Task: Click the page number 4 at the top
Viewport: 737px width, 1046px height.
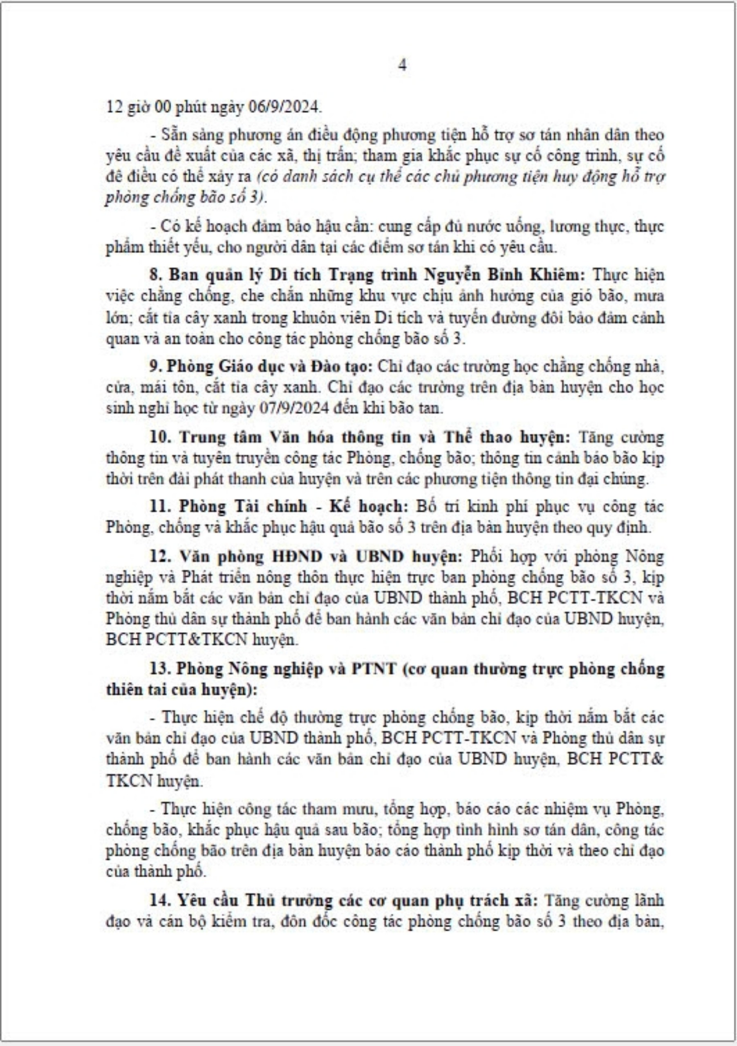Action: point(403,65)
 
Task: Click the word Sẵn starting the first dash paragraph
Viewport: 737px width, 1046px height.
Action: point(172,135)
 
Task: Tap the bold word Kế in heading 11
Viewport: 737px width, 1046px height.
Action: point(340,507)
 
